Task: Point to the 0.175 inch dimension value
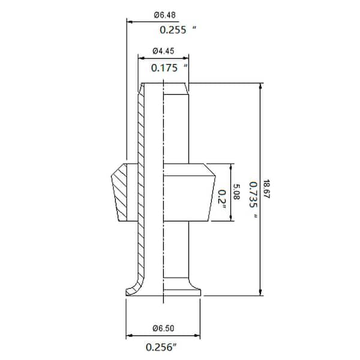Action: pos(169,68)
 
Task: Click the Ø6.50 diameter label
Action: pos(163,328)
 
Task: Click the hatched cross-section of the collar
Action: pos(122,192)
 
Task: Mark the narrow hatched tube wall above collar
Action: pos(142,126)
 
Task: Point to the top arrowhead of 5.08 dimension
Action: pos(231,166)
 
